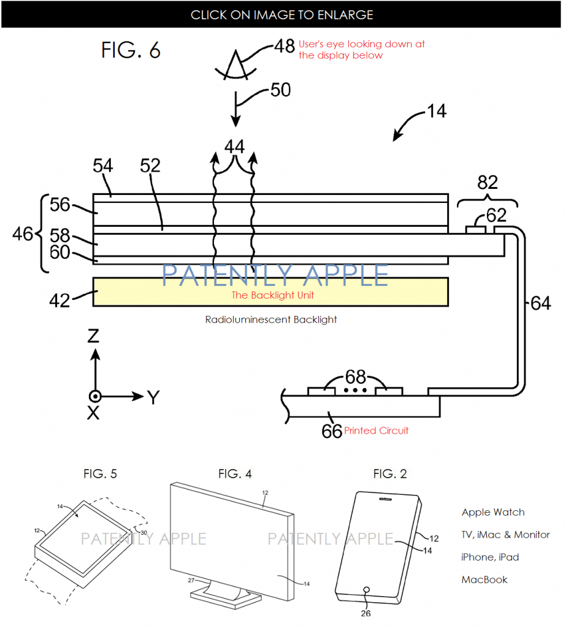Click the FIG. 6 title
coord(131,50)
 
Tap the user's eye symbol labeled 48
coord(235,66)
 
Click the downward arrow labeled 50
coord(236,109)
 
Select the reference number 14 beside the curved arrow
coord(437,111)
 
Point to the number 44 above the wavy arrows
coord(234,146)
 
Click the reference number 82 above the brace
coord(488,183)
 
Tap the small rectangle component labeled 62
coord(476,230)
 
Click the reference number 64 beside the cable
coord(541,303)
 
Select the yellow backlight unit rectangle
coord(270,292)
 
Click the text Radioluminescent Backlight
coord(271,320)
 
